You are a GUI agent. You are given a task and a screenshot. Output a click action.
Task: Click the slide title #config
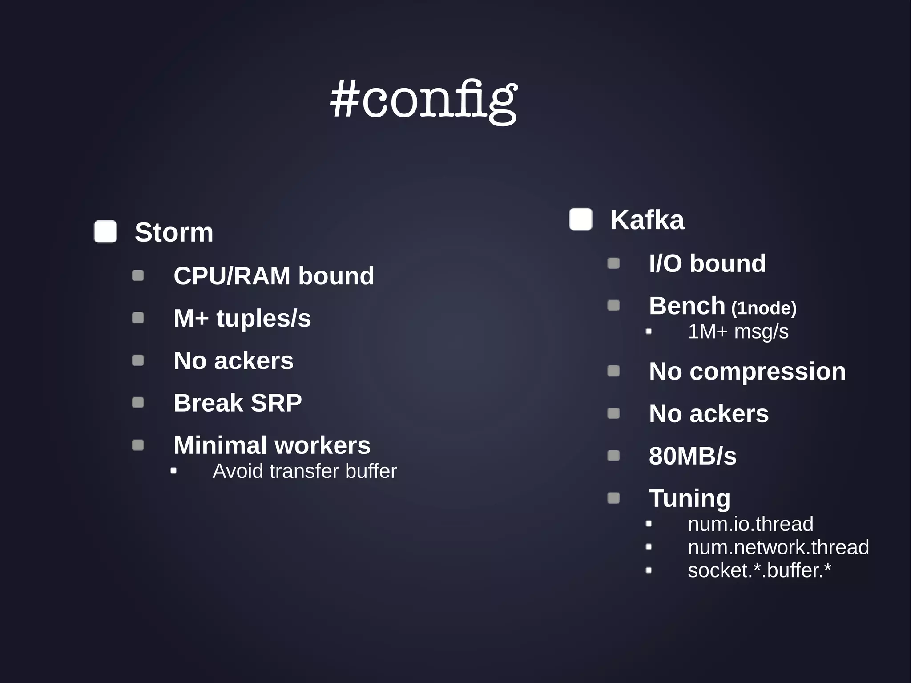[423, 100]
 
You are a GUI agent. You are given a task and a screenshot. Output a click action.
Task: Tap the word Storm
[174, 232]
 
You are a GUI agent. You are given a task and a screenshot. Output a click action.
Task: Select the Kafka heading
[647, 220]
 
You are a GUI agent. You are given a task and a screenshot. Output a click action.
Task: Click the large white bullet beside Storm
[105, 232]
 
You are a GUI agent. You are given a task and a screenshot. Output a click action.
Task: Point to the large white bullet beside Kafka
[580, 219]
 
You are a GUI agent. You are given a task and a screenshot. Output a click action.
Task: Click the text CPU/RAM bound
[274, 276]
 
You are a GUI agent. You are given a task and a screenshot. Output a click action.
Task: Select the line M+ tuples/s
[242, 318]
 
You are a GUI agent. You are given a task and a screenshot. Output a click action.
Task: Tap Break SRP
[238, 403]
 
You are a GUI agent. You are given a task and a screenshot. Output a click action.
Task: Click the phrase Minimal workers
[272, 445]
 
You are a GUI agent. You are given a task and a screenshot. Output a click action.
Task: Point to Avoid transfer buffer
[304, 471]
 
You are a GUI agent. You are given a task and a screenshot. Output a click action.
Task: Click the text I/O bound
[707, 263]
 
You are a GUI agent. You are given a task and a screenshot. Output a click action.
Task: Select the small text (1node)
[764, 308]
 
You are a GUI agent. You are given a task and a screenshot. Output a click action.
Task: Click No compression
[747, 371]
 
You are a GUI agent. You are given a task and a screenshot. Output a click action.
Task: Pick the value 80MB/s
[692, 456]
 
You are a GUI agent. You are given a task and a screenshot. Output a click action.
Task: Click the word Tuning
[689, 498]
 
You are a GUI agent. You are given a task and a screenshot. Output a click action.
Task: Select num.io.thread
[750, 524]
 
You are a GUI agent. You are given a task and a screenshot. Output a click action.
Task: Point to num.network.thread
[778, 547]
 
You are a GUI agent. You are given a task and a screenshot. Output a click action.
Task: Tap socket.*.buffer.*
[759, 570]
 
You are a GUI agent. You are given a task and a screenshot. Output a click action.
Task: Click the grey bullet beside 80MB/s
[613, 456]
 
